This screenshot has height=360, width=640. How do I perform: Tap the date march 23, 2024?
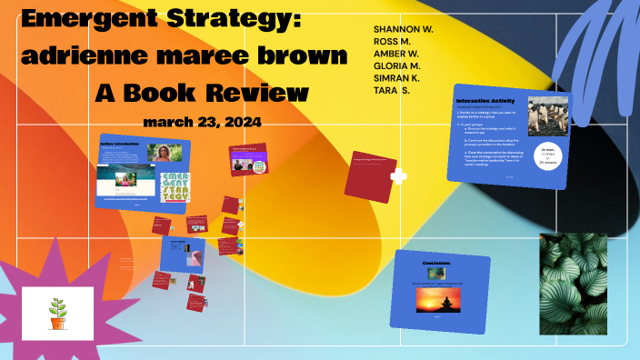(x=202, y=122)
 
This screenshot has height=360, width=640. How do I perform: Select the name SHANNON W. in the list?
(x=403, y=30)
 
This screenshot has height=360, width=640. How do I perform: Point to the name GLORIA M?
(x=396, y=66)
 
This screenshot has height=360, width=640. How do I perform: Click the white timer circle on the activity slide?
(x=548, y=155)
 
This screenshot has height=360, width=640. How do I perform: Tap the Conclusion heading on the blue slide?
(x=441, y=264)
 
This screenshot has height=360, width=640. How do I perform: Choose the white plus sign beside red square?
(x=397, y=176)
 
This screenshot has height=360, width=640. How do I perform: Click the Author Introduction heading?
(x=120, y=143)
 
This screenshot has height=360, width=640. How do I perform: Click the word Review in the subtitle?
(x=257, y=93)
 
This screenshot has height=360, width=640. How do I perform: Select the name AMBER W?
(x=397, y=55)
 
